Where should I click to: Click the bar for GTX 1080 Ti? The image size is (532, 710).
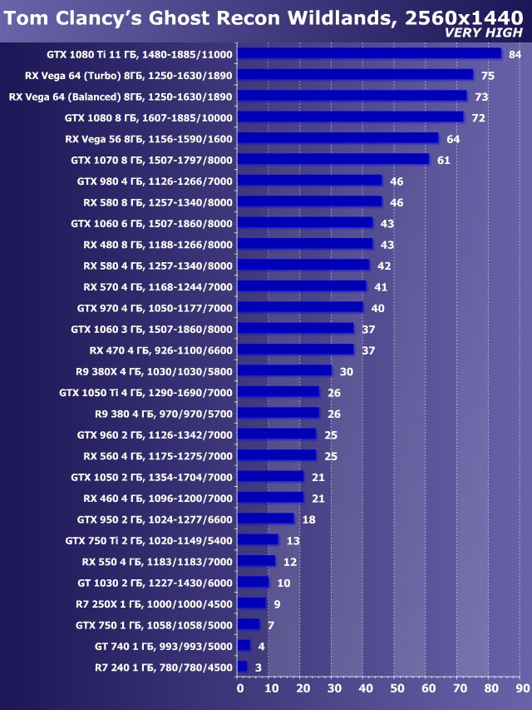[369, 53]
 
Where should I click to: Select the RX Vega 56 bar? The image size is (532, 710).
[337, 138]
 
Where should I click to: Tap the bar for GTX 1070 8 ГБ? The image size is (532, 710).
[333, 159]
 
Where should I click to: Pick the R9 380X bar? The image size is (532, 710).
[284, 370]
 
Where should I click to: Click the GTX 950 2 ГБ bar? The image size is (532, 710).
[265, 519]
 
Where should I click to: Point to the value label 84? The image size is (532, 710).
[515, 54]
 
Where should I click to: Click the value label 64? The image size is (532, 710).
[452, 139]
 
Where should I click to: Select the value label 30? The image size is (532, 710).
[346, 371]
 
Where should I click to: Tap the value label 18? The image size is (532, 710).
[308, 519]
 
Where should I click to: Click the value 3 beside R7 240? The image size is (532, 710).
[258, 668]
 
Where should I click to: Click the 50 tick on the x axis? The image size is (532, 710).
[397, 688]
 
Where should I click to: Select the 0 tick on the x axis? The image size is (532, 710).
[240, 688]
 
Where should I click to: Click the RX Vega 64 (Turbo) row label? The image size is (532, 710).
[121, 75]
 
